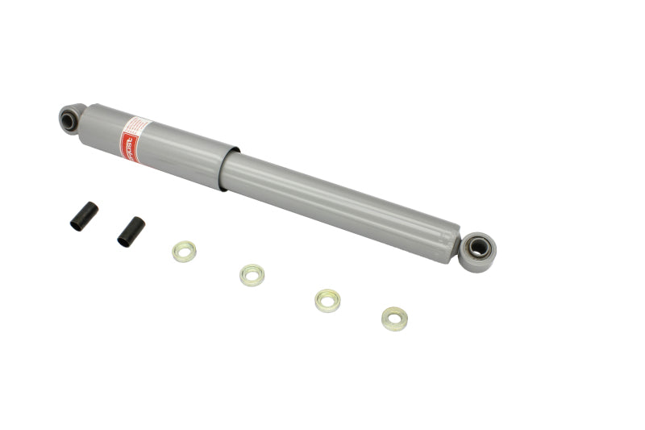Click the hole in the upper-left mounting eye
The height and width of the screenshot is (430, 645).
click(69, 121)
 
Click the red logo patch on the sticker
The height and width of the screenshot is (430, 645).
click(129, 146)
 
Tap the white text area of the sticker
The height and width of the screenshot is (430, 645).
click(139, 129)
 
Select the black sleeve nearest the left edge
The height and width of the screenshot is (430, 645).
click(84, 215)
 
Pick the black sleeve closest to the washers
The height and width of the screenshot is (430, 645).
click(131, 231)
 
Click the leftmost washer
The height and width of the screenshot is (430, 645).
click(185, 252)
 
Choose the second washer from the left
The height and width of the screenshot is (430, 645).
click(252, 275)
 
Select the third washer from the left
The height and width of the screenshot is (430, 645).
click(327, 301)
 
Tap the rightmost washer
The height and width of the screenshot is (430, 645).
click(394, 319)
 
